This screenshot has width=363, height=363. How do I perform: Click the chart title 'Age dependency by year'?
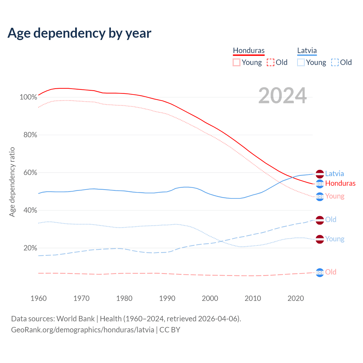tap(79, 33)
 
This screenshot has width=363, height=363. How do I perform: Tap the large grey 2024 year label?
tap(282, 96)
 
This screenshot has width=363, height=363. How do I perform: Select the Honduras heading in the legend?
tap(249, 51)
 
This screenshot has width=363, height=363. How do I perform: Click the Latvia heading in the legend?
tap(307, 51)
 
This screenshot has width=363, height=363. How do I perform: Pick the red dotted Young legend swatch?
tap(236, 62)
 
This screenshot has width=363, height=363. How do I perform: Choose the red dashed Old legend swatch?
tap(271, 62)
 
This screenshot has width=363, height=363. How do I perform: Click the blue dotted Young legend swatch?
tap(301, 62)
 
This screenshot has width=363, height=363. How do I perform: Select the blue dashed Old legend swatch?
tap(335, 62)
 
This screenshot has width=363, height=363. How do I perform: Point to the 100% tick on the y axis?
tap(28, 97)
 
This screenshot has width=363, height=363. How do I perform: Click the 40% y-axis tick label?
tap(30, 210)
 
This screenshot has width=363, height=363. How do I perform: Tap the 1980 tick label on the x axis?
tap(124, 298)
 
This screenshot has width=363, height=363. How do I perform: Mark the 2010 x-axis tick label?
tap(253, 298)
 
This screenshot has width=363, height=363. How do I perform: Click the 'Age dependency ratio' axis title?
tap(12, 182)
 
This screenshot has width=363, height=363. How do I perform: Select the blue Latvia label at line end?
tap(334, 174)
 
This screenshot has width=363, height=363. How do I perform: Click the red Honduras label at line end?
tap(340, 183)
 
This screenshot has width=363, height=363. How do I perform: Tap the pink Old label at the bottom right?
tap(331, 272)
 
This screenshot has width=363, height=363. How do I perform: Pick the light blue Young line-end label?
tap(335, 239)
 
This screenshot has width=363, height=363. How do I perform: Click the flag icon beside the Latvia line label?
tap(320, 174)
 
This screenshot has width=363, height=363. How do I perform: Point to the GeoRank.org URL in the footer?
tap(83, 330)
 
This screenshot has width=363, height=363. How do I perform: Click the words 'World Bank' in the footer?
tap(75, 319)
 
